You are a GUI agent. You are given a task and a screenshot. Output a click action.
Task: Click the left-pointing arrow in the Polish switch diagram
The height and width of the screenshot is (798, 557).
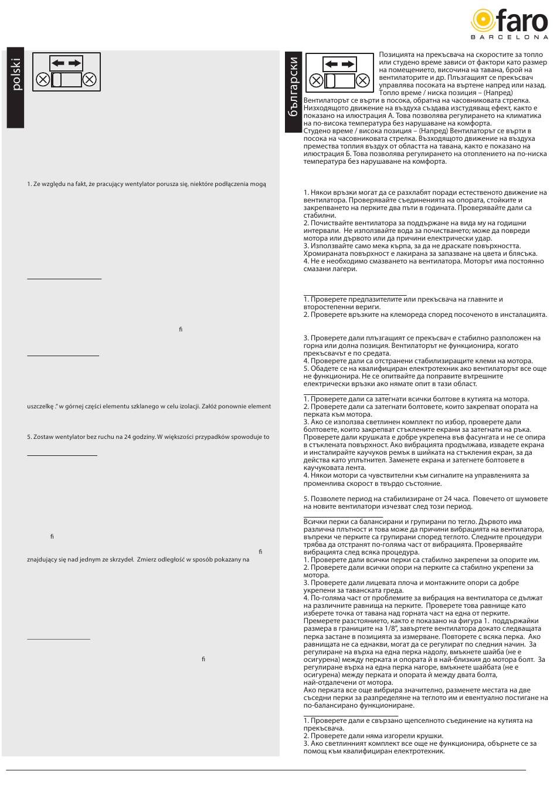tap(57, 63)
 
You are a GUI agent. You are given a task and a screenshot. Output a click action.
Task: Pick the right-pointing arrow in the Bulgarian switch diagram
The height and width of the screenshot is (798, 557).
tap(347, 64)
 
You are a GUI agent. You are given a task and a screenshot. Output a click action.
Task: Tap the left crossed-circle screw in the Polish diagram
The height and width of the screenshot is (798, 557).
tap(42, 79)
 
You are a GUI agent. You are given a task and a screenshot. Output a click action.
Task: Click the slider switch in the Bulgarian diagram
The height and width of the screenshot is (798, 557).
tap(340, 80)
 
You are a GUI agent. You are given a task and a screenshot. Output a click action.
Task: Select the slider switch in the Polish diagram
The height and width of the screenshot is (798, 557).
tap(66, 79)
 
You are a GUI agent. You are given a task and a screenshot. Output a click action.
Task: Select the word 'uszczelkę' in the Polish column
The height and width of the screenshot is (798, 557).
tap(40, 406)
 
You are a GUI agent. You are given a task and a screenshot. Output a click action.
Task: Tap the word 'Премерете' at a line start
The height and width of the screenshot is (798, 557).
tap(321, 621)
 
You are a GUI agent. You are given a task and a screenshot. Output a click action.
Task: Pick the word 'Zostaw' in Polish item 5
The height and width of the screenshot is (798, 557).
tap(43, 437)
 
